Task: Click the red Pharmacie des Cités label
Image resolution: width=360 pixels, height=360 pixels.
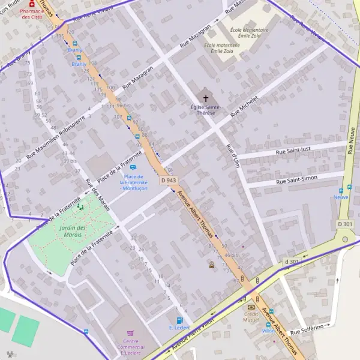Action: click(x=32, y=14)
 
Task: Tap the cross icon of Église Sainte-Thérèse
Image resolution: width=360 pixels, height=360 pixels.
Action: click(x=206, y=98)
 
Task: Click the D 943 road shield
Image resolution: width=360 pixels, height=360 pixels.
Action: click(x=169, y=181)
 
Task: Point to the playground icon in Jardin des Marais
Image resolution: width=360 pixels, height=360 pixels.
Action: click(x=80, y=207)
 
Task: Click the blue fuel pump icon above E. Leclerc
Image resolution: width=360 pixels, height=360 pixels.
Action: click(x=179, y=320)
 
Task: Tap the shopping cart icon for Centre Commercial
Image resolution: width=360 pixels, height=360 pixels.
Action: click(x=130, y=334)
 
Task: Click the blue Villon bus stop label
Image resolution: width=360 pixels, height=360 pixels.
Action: click(x=268, y=331)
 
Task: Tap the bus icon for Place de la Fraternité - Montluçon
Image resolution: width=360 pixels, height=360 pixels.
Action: click(x=133, y=167)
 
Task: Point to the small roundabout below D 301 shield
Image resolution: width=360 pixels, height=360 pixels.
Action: click(x=344, y=239)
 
